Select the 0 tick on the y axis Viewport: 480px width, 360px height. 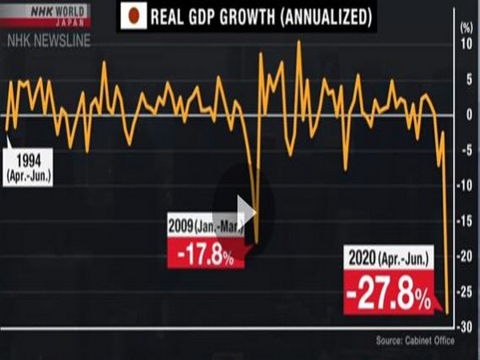point(466,114)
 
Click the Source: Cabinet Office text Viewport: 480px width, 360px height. point(414,342)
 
